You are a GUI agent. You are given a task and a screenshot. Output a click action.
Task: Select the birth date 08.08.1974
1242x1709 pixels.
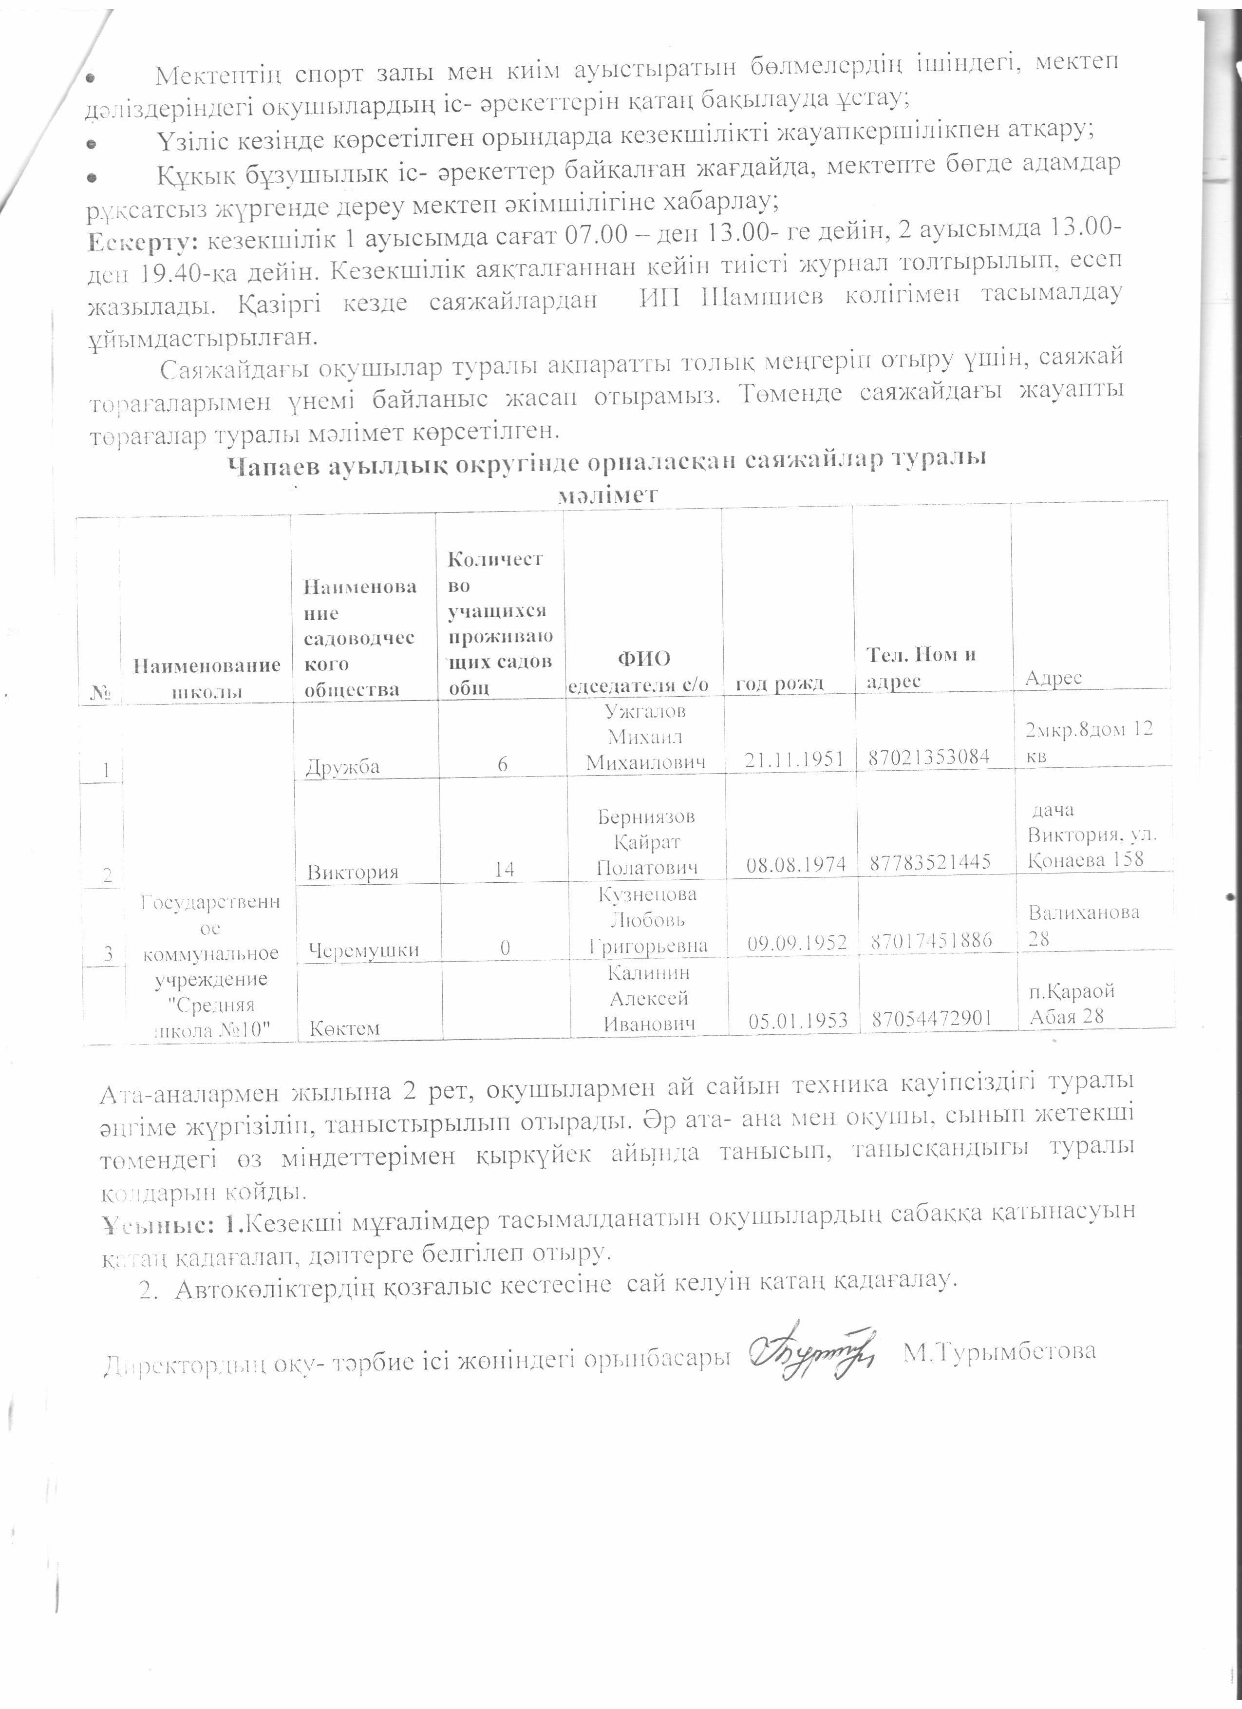click(x=795, y=864)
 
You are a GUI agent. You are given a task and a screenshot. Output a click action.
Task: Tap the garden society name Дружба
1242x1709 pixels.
click(x=343, y=766)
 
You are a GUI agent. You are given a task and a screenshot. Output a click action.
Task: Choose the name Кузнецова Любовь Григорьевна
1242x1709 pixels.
click(x=648, y=920)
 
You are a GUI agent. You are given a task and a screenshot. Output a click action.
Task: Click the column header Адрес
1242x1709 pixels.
click(x=1053, y=678)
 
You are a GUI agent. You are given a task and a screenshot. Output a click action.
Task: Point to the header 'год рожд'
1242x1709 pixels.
click(x=780, y=684)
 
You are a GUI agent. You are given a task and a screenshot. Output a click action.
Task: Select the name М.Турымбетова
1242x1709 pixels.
click(x=999, y=1352)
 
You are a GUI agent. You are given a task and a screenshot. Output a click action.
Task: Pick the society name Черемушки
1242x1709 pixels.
click(x=363, y=949)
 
